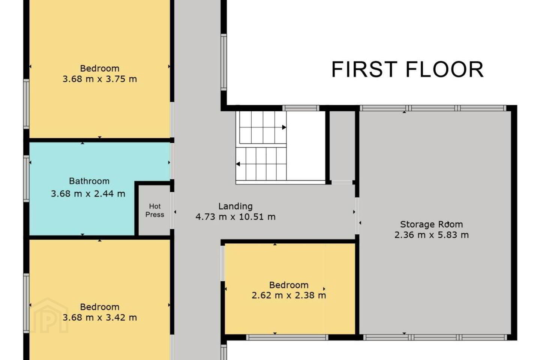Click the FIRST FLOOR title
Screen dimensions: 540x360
[407, 69]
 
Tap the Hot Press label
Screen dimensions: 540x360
[155, 210]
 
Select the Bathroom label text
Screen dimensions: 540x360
[89, 181]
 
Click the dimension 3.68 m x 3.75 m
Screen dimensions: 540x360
[100, 79]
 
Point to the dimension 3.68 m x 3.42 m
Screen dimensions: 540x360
[100, 317]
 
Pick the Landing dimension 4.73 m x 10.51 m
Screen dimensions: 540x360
[235, 217]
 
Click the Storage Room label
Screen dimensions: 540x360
[432, 225]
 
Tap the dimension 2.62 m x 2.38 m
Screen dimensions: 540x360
[289, 295]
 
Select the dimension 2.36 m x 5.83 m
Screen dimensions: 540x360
[432, 235]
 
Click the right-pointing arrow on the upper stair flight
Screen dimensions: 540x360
[284, 127]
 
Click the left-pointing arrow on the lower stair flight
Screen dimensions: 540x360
[238, 164]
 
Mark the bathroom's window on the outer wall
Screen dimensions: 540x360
[26, 178]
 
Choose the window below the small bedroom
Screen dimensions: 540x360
[287, 337]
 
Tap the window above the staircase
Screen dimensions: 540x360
[301, 108]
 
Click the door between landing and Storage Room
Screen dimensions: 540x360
[357, 216]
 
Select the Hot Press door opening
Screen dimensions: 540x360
[172, 210]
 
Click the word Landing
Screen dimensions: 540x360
[235, 206]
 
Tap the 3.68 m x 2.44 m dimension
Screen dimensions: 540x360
[88, 193]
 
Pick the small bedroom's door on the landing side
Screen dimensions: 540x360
[222, 263]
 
